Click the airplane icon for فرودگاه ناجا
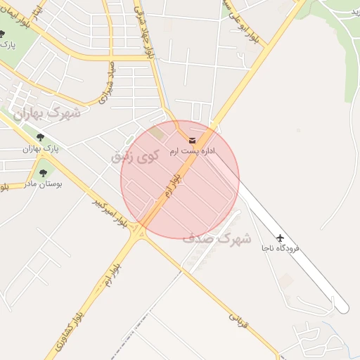281,238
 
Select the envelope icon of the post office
193,140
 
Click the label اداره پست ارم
192,151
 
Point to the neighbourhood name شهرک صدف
217,239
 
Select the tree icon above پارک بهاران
39,138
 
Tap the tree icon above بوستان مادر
44,172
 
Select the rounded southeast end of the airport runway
342,307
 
